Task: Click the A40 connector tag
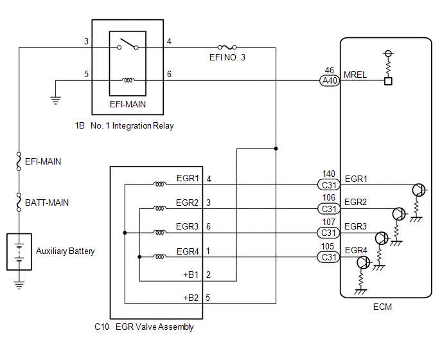pyautogui.click(x=329, y=81)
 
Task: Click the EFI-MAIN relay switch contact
pyautogui.click(x=128, y=46)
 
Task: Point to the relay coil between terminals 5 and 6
pyautogui.click(x=128, y=80)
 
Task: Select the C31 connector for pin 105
pyautogui.click(x=329, y=257)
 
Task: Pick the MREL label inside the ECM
pyautogui.click(x=355, y=75)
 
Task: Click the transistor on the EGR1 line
pyautogui.click(x=419, y=190)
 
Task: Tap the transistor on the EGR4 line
pyautogui.click(x=362, y=262)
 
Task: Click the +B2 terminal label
pyautogui.click(x=191, y=298)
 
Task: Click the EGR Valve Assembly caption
pyautogui.click(x=154, y=327)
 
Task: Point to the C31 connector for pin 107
pyautogui.click(x=329, y=233)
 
